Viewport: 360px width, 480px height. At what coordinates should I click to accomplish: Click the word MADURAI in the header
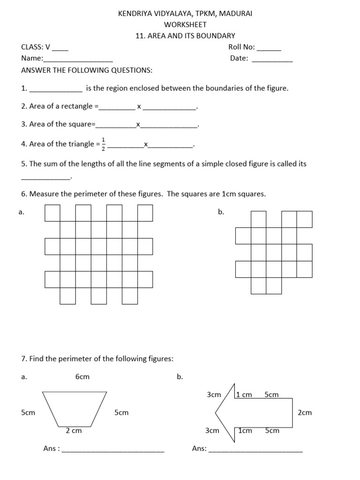click(x=237, y=14)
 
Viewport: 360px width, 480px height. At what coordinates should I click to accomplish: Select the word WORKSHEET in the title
click(x=185, y=25)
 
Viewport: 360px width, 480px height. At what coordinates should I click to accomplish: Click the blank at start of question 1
click(x=56, y=91)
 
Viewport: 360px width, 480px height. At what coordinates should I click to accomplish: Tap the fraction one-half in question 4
click(x=104, y=144)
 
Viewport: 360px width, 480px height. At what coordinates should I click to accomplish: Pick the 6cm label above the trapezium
click(x=82, y=377)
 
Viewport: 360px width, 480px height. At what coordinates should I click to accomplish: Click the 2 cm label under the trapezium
click(x=74, y=431)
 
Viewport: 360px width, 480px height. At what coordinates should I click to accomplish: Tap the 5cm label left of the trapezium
click(x=28, y=413)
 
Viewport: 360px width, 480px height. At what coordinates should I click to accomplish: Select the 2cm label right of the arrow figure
click(x=305, y=413)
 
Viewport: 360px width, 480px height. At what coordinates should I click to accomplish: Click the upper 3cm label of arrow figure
click(x=213, y=395)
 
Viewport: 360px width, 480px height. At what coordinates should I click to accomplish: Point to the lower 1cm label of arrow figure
click(x=245, y=430)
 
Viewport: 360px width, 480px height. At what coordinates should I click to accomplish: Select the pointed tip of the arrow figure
click(x=216, y=413)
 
